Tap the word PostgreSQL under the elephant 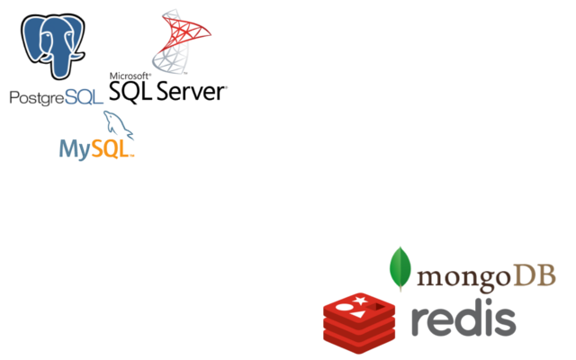coord(56,97)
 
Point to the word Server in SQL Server coord(191,91)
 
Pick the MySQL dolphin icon coord(118,125)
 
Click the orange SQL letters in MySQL coord(112,148)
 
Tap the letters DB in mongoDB coord(533,274)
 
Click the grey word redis coord(463,319)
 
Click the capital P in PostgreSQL coord(14,97)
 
